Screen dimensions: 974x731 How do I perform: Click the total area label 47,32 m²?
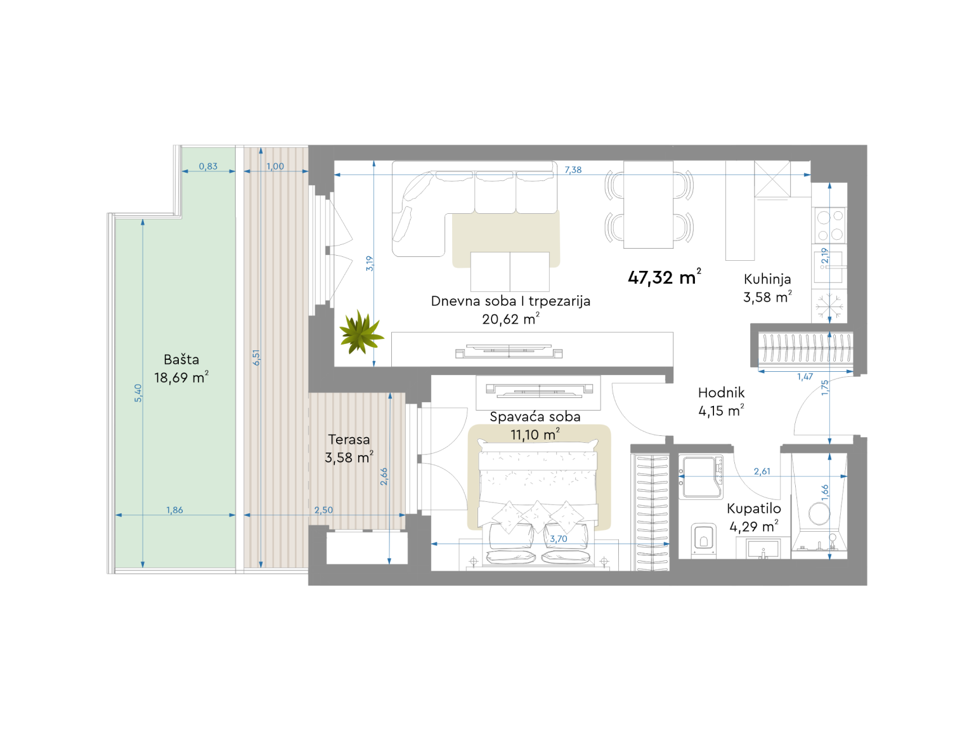tap(664, 277)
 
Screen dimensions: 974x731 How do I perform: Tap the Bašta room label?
tap(181, 359)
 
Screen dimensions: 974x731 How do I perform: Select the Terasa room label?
tap(349, 439)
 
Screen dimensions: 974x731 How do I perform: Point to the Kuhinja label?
tap(767, 279)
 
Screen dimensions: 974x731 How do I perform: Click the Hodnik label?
tap(721, 392)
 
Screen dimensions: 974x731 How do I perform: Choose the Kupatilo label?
tap(754, 509)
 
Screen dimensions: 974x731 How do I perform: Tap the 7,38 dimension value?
tap(573, 169)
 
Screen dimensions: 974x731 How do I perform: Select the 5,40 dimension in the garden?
tap(138, 393)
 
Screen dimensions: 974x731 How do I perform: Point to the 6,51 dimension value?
tap(256, 357)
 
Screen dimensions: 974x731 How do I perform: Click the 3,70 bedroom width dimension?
tap(558, 539)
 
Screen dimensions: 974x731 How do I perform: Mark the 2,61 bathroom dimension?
tap(762, 471)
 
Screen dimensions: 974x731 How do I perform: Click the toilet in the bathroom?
tap(703, 540)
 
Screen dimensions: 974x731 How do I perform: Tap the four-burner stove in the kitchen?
tap(830, 225)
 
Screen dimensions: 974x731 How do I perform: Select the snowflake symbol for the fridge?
tap(829, 306)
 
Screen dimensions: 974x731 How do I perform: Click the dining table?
tap(648, 204)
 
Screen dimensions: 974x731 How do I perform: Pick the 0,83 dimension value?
tap(208, 166)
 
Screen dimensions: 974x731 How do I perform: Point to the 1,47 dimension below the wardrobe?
tap(805, 377)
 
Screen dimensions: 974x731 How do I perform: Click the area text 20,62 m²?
tap(510, 319)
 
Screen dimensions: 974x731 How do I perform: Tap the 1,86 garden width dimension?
tap(174, 510)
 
